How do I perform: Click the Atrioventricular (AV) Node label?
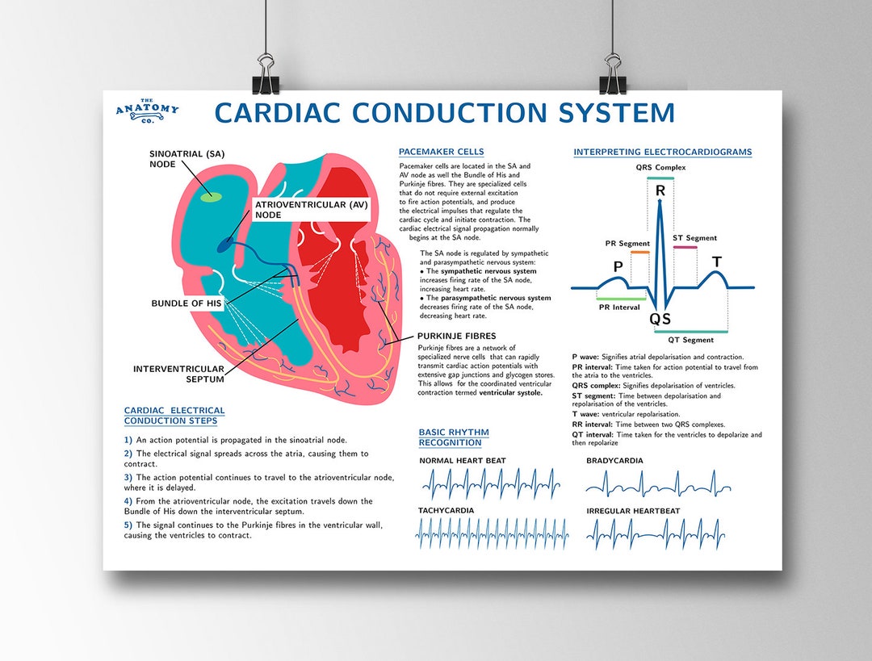click(311, 210)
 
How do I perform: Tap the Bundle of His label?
click(187, 303)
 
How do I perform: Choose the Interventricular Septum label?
click(178, 374)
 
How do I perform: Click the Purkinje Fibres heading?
click(457, 336)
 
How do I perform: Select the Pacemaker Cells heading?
click(442, 152)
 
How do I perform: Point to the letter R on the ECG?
click(660, 190)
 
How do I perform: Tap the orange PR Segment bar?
click(639, 253)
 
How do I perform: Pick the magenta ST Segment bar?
click(685, 247)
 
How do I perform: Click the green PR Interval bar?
click(619, 299)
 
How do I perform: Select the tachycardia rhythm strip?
click(492, 533)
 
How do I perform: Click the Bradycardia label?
click(614, 461)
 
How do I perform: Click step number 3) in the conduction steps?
click(128, 478)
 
